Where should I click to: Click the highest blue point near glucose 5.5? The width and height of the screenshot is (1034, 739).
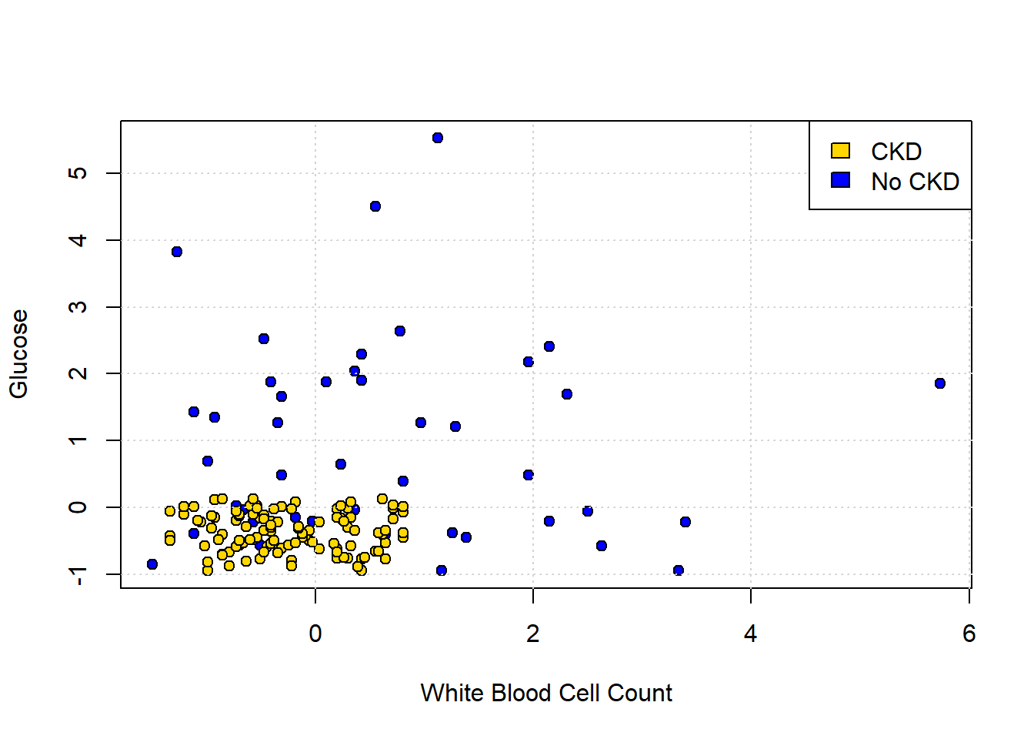(x=438, y=138)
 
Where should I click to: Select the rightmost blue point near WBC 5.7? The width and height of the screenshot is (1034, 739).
(x=940, y=383)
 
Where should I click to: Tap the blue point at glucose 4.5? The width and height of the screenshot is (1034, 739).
(x=375, y=206)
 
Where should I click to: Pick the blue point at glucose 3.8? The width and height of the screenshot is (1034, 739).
(x=177, y=252)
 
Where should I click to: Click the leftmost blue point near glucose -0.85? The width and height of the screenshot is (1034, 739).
(x=152, y=564)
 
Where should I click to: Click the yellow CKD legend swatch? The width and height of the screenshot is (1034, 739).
(x=841, y=151)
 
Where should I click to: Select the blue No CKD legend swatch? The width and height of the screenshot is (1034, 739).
(x=841, y=180)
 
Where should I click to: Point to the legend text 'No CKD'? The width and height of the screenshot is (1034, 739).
(x=915, y=182)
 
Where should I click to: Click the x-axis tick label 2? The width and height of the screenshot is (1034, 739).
(x=533, y=634)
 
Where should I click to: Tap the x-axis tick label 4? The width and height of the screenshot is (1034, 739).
(x=751, y=634)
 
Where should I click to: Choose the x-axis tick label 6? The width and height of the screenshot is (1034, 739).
(x=969, y=634)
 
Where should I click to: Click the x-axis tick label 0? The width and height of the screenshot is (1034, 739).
(x=315, y=634)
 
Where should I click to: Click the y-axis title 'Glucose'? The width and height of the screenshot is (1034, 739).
(x=18, y=354)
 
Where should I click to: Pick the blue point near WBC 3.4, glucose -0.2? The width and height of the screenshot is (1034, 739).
(x=685, y=522)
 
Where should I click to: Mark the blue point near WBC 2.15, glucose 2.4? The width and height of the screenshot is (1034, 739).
(x=549, y=346)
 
